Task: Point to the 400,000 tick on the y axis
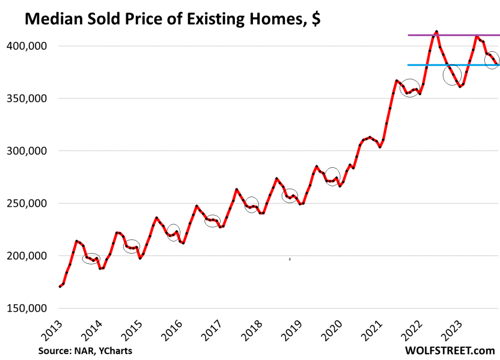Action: pos(29,46)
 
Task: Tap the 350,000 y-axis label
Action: pos(29,99)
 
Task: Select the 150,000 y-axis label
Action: pos(29,308)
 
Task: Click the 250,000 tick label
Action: pos(29,203)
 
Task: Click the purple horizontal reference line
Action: pos(454,35)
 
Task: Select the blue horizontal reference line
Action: pos(454,65)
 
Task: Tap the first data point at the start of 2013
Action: pos(60,286)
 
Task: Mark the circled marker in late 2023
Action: pos(492,60)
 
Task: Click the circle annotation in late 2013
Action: pos(91,259)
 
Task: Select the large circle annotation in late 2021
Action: pos(410,88)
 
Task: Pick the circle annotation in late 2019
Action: pos(332,176)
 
